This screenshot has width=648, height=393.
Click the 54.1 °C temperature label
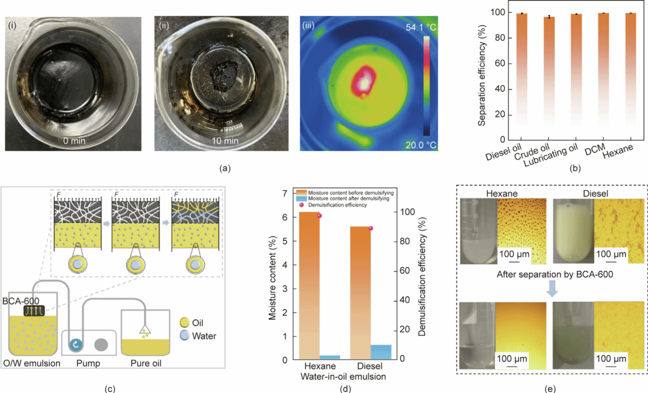click(x=421, y=28)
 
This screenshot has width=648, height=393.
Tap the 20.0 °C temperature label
click(x=421, y=145)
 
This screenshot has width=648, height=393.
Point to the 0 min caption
click(x=74, y=141)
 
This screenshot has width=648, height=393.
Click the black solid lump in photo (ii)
click(x=225, y=76)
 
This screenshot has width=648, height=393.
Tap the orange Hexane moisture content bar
click(x=309, y=285)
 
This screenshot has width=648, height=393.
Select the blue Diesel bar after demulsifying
click(x=381, y=352)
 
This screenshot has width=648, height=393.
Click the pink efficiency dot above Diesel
click(x=371, y=228)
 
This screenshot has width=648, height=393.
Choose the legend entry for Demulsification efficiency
click(x=337, y=205)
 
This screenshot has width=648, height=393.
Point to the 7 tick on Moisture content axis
click(x=285, y=193)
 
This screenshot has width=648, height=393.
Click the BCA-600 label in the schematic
click(x=21, y=301)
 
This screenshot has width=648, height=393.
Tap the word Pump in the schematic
click(x=88, y=363)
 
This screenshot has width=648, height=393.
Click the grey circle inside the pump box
click(x=101, y=345)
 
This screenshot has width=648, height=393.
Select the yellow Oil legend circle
click(x=184, y=323)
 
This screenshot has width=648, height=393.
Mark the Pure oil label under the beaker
click(x=146, y=363)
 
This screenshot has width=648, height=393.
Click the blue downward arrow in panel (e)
click(x=552, y=288)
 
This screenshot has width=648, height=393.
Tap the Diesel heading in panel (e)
click(x=595, y=193)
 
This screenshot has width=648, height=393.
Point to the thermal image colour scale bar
click(x=427, y=86)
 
